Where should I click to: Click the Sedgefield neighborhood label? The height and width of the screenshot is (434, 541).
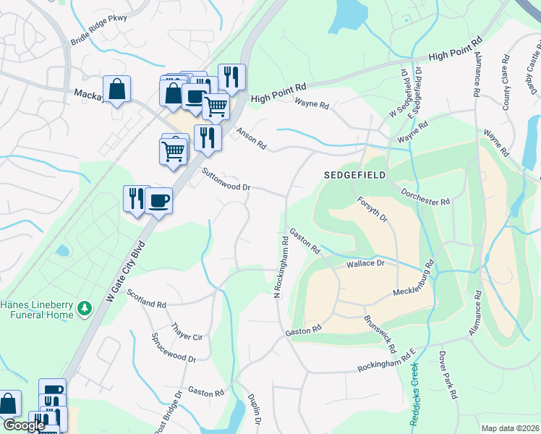[x=355, y=176]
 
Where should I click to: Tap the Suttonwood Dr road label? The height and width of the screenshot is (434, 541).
[x=227, y=179]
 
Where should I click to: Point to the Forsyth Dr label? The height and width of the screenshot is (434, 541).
[x=372, y=210]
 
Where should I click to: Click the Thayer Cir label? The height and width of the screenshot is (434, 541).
[x=187, y=331]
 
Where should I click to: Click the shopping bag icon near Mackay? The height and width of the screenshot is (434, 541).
[x=116, y=90]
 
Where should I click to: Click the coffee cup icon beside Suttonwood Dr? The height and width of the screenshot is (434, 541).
[x=158, y=200]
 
